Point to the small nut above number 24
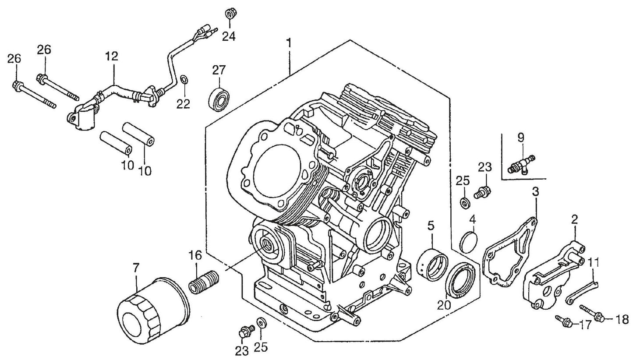229,13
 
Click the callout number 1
288,42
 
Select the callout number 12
112,56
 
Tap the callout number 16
195,255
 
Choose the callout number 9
520,138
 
